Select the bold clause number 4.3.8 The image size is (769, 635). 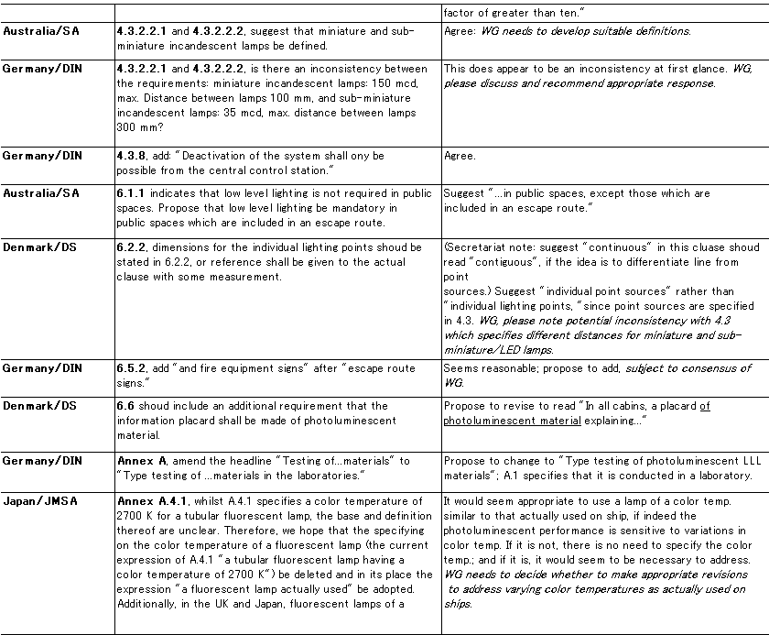(x=133, y=156)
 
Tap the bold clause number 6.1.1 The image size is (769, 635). (x=133, y=193)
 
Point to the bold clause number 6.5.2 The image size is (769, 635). (x=133, y=368)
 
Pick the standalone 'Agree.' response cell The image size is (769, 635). (x=460, y=156)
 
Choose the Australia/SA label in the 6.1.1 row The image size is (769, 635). (x=42, y=193)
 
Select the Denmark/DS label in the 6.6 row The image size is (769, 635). (x=40, y=406)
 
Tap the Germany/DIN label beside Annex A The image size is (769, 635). (x=43, y=460)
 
